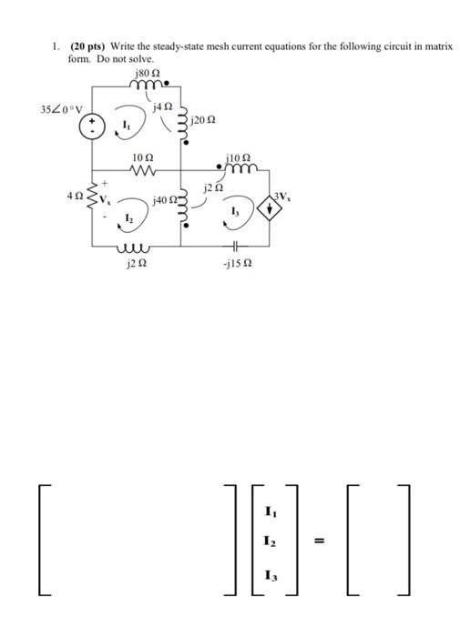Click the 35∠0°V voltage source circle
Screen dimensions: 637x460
[x=92, y=128]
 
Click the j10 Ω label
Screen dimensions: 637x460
[x=240, y=156]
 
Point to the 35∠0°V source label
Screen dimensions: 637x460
[x=61, y=110]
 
